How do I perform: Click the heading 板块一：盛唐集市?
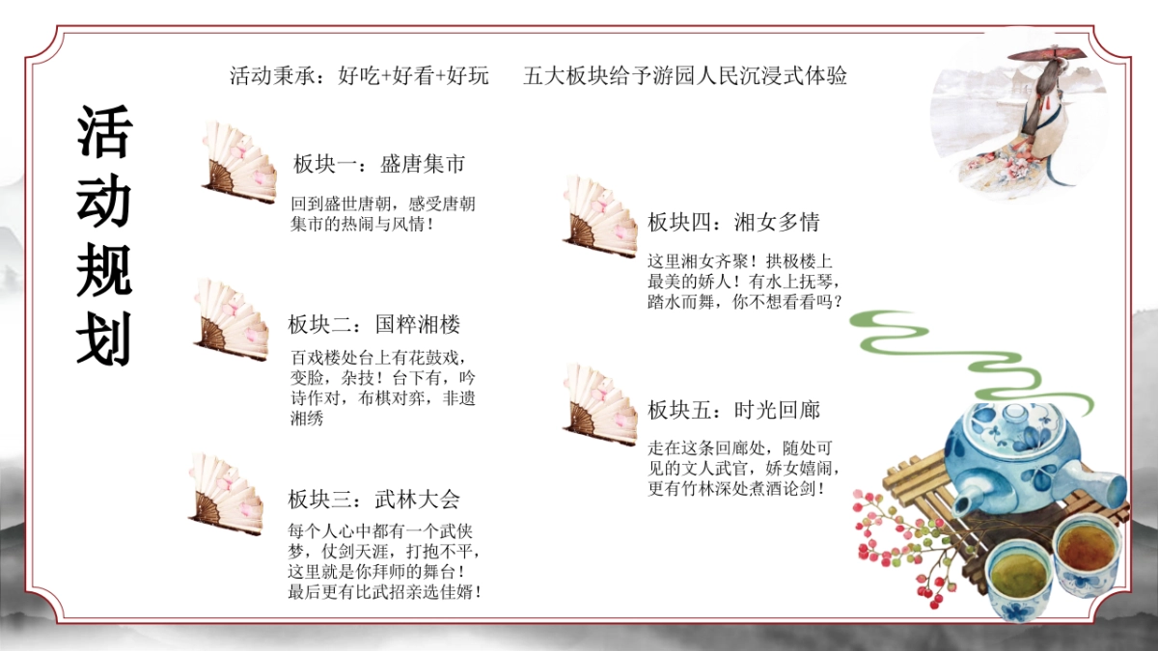click(x=379, y=164)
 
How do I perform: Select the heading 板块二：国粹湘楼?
click(x=373, y=324)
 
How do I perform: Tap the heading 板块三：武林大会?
click(x=373, y=499)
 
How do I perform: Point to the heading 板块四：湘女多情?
click(x=733, y=223)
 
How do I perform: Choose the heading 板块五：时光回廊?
click(x=733, y=410)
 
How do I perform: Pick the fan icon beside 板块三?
click(x=227, y=494)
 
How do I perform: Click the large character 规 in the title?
click(x=104, y=271)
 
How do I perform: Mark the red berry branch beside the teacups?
click(x=897, y=540)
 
